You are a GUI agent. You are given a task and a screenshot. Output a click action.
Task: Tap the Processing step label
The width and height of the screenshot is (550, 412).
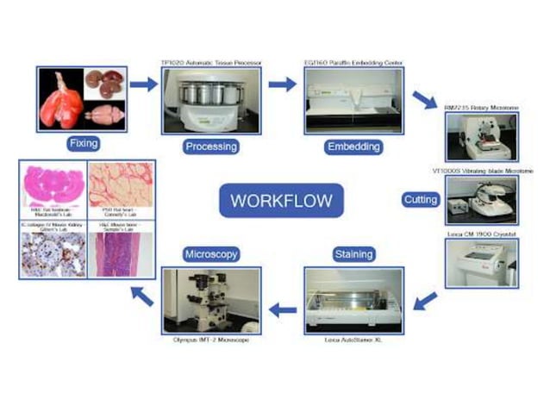pos(210,146)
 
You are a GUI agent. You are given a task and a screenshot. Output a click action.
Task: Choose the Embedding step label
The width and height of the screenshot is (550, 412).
pos(353,146)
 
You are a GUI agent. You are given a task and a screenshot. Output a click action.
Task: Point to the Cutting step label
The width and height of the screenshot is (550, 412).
pos(420,200)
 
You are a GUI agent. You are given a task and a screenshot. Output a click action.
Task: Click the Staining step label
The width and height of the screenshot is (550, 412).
pos(353,254)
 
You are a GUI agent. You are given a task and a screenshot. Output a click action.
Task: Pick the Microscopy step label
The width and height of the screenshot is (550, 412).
pos(210,254)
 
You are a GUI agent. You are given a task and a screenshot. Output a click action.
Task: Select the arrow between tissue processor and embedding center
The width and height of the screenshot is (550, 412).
pos(282,84)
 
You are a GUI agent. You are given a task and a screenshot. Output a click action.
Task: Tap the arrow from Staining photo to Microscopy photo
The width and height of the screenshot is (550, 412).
pos(282,308)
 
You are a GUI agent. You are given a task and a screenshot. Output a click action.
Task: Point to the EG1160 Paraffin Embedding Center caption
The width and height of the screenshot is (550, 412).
pos(353,63)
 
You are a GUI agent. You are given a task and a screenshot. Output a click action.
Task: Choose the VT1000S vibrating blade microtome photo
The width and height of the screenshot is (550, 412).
pos(481,201)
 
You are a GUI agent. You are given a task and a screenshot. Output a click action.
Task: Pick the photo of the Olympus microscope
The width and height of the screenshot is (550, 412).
pos(210,302)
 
